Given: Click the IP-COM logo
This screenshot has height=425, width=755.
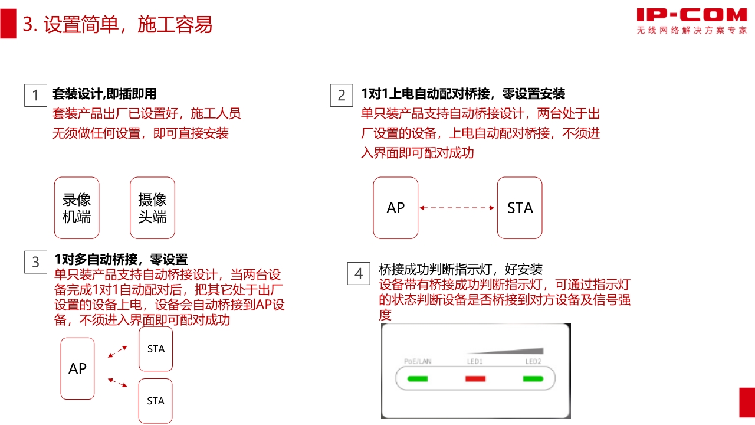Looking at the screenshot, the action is [x=692, y=21].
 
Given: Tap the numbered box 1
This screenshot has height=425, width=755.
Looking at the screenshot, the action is [x=35, y=96].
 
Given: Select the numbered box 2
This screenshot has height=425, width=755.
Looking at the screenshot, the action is [x=342, y=96].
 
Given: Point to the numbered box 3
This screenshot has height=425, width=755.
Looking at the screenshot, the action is [x=35, y=262].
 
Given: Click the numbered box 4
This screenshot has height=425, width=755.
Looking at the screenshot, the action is [x=359, y=273].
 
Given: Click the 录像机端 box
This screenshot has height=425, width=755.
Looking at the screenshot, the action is [x=77, y=208].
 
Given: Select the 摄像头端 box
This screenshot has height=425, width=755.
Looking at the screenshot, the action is [x=152, y=208].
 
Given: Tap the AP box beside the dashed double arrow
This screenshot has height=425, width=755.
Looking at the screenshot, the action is [x=396, y=208].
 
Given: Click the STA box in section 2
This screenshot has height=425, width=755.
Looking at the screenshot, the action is [x=520, y=208].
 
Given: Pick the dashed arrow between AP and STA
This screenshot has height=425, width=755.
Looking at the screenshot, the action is [x=457, y=208].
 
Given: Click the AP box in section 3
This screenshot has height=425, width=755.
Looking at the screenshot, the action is [x=77, y=369].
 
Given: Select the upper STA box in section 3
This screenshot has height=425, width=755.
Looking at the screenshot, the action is [x=156, y=349].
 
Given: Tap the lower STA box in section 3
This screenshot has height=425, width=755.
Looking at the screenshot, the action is [x=155, y=401].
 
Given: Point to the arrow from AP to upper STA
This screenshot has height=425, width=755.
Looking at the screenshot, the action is [x=117, y=351].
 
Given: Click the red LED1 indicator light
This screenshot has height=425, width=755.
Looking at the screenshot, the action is [x=475, y=379].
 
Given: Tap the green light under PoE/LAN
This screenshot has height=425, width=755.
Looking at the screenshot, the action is [x=418, y=379].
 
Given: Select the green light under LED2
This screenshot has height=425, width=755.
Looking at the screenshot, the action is [x=533, y=379].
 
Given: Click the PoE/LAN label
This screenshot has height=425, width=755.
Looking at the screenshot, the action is [x=418, y=362].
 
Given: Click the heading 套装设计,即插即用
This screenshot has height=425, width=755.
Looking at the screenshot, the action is [x=104, y=94].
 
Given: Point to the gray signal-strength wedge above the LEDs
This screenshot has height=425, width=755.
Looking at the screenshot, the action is [x=505, y=351].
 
